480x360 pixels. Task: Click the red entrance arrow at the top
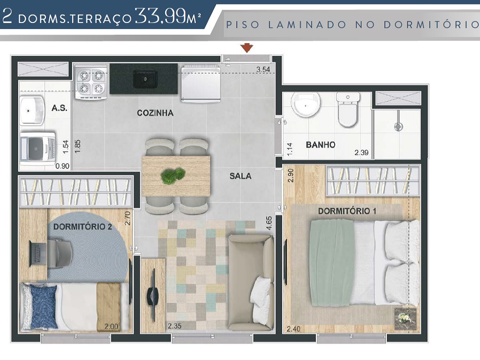coord(247,47)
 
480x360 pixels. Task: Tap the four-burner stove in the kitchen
coord(91,82)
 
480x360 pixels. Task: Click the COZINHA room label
coord(155,113)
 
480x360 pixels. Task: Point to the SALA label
coord(240,176)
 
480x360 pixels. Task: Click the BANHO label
coord(321,145)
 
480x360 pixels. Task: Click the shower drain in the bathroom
coord(398,126)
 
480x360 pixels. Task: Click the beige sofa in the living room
coord(250,283)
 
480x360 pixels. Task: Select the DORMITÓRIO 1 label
coord(347,211)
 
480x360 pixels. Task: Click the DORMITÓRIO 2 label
coord(82,227)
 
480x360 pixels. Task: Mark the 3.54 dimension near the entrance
coord(263,70)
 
